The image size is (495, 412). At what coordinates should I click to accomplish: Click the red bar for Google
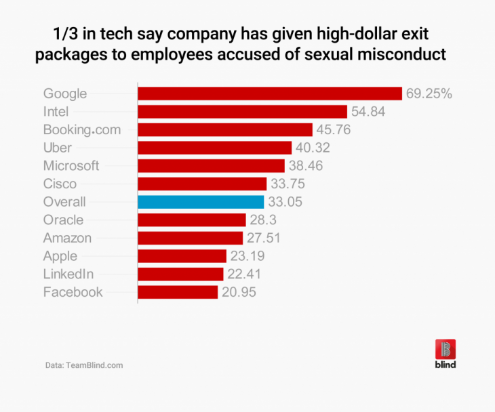click(x=270, y=94)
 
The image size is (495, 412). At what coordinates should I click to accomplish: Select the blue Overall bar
click(x=201, y=201)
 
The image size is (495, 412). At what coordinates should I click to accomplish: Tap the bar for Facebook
click(x=178, y=292)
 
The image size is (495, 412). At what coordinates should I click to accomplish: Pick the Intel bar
click(x=242, y=111)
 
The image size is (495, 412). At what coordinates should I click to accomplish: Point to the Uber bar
click(x=214, y=148)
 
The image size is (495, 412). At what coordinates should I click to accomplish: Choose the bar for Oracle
click(x=191, y=220)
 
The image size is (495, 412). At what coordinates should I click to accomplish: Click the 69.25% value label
click(x=429, y=94)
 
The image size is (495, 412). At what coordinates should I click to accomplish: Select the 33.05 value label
click(x=285, y=201)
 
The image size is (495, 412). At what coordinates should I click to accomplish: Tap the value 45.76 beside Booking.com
click(x=334, y=129)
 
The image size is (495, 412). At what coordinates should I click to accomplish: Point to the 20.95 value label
click(x=239, y=292)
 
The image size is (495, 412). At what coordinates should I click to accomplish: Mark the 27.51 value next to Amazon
click(x=263, y=238)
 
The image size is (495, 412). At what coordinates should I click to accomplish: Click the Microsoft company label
click(x=71, y=165)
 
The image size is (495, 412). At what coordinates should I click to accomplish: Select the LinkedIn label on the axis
click(x=68, y=274)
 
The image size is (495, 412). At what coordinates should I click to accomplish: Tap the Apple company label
click(x=60, y=256)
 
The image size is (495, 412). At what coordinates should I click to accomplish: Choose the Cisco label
click(x=60, y=184)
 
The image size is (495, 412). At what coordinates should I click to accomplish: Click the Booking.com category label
click(x=81, y=129)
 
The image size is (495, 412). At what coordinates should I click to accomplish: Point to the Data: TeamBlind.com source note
click(x=84, y=365)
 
